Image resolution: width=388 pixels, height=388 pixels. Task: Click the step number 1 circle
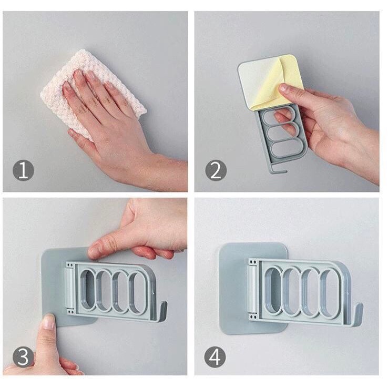click(x=23, y=170)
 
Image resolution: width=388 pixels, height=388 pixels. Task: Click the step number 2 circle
click(x=216, y=170)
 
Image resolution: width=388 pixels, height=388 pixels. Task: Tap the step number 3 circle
click(x=23, y=357)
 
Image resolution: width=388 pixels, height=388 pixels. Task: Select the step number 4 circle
click(x=215, y=357)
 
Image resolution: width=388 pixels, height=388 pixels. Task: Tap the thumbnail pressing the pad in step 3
click(x=49, y=322)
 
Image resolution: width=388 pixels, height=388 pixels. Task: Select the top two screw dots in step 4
click(x=253, y=262)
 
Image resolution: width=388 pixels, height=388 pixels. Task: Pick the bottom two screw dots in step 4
click(x=253, y=317)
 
